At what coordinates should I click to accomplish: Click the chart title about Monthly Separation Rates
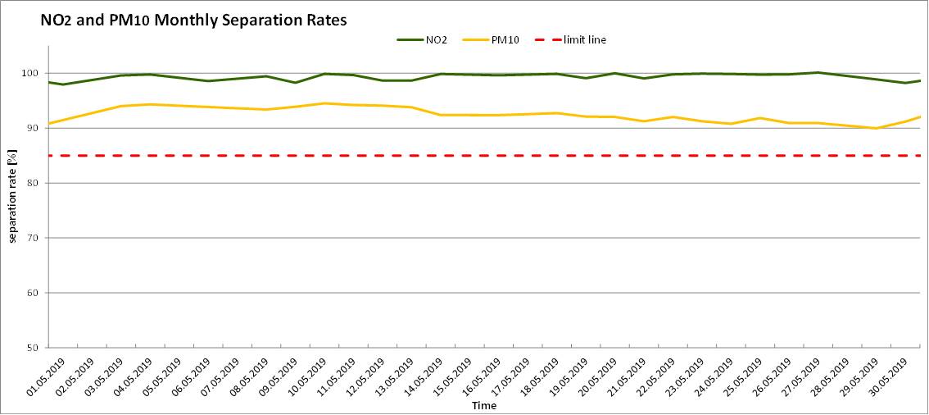(x=193, y=21)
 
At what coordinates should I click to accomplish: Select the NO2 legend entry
(x=433, y=39)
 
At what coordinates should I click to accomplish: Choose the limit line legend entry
(x=584, y=39)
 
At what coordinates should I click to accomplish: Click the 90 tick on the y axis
(x=35, y=129)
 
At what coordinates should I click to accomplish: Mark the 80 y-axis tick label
(x=35, y=184)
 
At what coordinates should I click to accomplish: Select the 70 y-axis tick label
(x=35, y=238)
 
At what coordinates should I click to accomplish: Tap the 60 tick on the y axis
(x=35, y=293)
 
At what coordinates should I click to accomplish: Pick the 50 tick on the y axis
(x=35, y=348)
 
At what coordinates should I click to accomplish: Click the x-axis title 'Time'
(x=483, y=405)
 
